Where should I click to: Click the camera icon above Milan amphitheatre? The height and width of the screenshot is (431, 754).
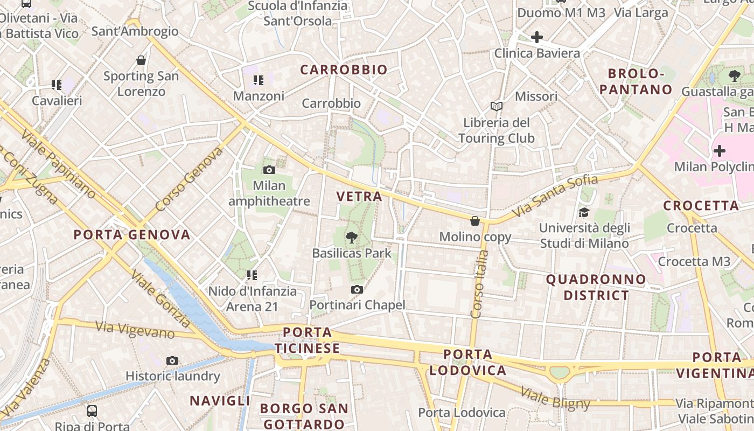pos(269,170)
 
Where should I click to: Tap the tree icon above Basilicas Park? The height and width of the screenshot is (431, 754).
pos(351,237)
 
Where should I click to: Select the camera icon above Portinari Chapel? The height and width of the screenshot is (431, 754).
pos(357,290)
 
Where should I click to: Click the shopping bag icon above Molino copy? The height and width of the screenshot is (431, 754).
pos(475,221)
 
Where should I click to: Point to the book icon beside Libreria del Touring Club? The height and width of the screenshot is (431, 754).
pos(496,106)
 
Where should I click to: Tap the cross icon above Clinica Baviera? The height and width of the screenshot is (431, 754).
pos(536,37)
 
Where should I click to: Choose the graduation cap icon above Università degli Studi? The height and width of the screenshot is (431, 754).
pos(584,212)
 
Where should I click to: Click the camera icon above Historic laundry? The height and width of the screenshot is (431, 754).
pos(172,360)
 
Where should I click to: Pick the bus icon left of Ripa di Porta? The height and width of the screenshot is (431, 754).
pos(92,411)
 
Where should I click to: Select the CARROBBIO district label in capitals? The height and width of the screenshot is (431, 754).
pos(344,69)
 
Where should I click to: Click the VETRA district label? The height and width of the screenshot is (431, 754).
pos(359,197)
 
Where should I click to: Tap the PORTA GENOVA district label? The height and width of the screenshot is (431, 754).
pos(132,235)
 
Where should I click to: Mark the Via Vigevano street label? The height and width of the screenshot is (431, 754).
pos(135,330)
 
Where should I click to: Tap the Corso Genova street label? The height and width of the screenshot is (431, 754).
pos(188,179)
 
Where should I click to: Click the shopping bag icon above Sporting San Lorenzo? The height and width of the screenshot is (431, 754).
pos(141,60)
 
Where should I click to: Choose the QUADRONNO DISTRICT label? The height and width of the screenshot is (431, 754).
pos(596,287)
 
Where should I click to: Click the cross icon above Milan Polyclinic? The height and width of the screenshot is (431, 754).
pos(719,151)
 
